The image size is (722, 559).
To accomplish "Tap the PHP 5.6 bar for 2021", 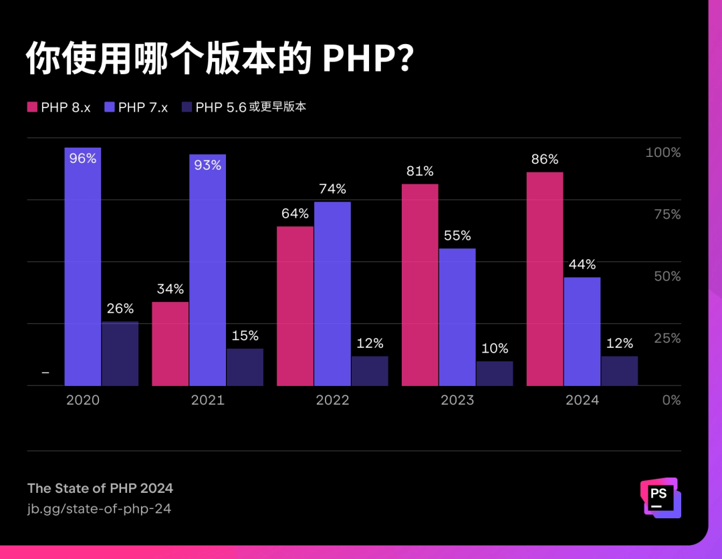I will (x=245, y=367).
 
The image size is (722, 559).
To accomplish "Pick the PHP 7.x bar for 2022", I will (x=332, y=294).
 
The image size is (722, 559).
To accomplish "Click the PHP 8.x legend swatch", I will (x=32, y=107).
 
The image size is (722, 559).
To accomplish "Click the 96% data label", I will (x=83, y=158).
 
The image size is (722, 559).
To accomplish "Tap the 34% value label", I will (x=170, y=289).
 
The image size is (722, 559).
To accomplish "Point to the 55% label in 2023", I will (x=457, y=236).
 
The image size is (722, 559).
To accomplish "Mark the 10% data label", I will (x=495, y=349).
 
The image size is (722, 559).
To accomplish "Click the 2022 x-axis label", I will (x=332, y=400).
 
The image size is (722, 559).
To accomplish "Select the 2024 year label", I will (x=582, y=400).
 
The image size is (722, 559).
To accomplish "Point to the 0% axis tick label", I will (x=671, y=400).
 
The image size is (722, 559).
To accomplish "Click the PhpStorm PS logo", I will (x=660, y=498).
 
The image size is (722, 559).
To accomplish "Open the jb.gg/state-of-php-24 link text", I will (x=99, y=509).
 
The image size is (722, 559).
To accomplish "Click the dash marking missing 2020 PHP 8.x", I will (x=45, y=373).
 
